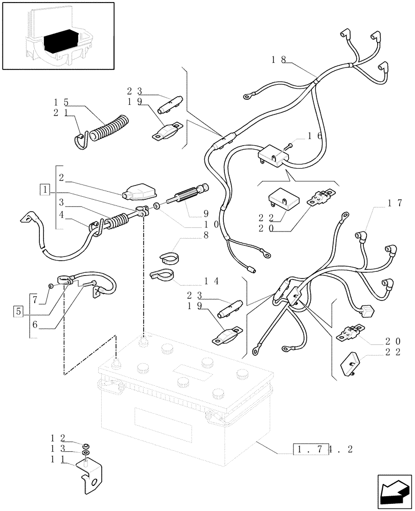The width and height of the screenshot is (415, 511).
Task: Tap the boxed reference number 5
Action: pos(18,310)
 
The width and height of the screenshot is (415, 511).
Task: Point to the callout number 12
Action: pos(57,438)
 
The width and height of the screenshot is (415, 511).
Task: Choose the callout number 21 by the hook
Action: pos(59,112)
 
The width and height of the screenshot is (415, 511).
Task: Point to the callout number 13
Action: pos(57,449)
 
